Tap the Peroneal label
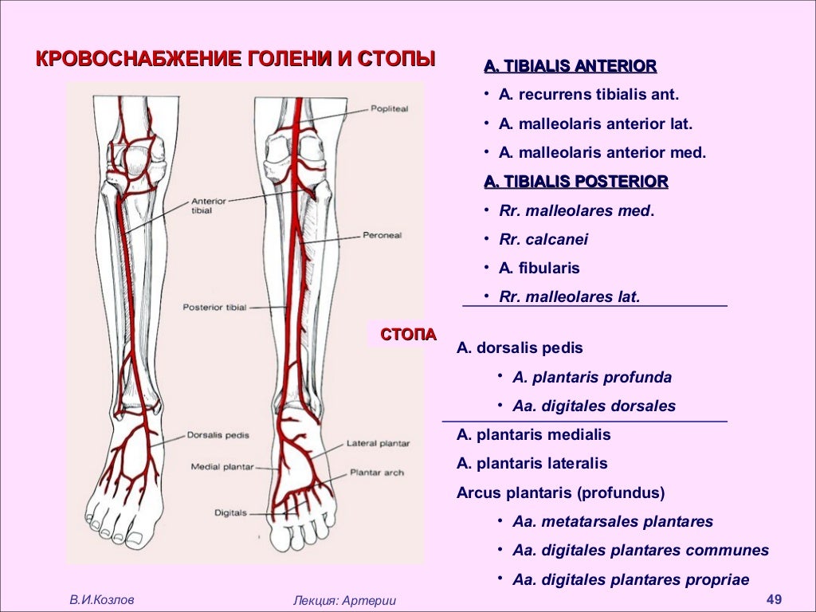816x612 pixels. click(382, 236)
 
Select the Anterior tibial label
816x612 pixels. click(209, 206)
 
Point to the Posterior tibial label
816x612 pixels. click(214, 307)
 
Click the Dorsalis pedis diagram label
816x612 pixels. click(218, 435)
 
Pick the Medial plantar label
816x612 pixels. click(222, 467)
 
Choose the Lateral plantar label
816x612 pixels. click(378, 443)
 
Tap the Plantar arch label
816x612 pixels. click(377, 473)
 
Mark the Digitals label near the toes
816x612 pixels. click(230, 512)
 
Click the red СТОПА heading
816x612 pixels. click(408, 334)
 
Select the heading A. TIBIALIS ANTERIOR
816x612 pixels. click(570, 66)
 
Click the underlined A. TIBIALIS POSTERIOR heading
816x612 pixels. click(575, 182)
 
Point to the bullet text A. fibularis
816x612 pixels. click(539, 268)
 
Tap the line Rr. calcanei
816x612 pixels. click(543, 239)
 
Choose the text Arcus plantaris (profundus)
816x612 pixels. click(560, 492)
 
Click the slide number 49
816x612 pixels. click(773, 598)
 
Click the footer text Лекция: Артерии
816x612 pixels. click(344, 600)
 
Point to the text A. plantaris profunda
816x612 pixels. click(592, 377)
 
